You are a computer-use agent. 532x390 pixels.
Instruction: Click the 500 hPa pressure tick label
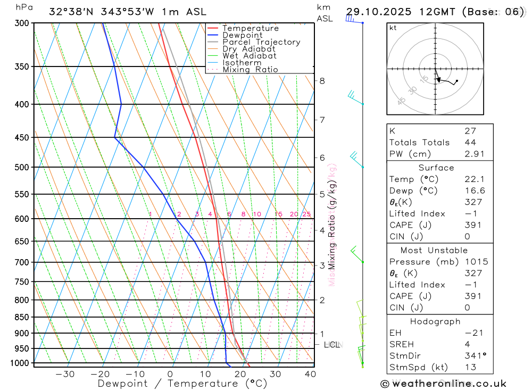click(x=22, y=167)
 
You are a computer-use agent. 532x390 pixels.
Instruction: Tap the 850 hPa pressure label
click(x=22, y=317)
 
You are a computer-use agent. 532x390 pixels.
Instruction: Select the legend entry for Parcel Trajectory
click(x=261, y=42)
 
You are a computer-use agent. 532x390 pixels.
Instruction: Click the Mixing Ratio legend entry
click(x=250, y=69)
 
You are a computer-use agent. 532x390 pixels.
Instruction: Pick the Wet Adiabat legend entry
click(x=249, y=55)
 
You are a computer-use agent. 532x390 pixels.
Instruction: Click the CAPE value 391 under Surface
click(x=472, y=225)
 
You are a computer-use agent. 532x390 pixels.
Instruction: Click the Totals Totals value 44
click(x=470, y=142)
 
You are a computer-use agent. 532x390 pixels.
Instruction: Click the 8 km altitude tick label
click(x=322, y=81)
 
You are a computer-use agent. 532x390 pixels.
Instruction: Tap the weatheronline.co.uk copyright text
click(x=443, y=383)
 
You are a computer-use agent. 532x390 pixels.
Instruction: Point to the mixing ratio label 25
click(x=306, y=214)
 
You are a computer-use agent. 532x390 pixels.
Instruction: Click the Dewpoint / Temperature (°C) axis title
click(x=182, y=383)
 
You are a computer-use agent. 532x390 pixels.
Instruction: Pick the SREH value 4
click(x=467, y=344)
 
